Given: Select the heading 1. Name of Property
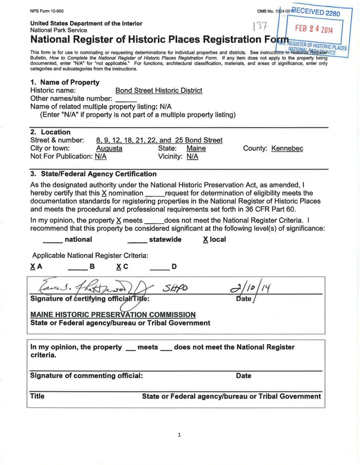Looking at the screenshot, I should pyautogui.click(x=65, y=82).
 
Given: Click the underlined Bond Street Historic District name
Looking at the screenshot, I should pyautogui.click(x=159, y=90).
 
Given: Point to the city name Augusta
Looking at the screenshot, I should pyautogui.click(x=109, y=148).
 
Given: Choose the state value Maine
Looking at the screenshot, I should pyautogui.click(x=196, y=148).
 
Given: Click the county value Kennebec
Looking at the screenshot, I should pyautogui.click(x=287, y=148).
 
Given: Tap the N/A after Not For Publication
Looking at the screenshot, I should pyautogui.click(x=100, y=157).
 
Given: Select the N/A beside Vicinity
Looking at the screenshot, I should pyautogui.click(x=192, y=157).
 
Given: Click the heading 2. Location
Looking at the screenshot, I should pyautogui.click(x=50, y=132).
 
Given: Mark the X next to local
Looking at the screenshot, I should pyautogui.click(x=206, y=240).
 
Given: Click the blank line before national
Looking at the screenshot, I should pyautogui.click(x=52, y=241).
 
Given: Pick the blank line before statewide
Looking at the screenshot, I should pyautogui.click(x=137, y=241).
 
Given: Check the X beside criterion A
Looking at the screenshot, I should pyautogui.click(x=33, y=267).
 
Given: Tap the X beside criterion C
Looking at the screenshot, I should pyautogui.click(x=119, y=267).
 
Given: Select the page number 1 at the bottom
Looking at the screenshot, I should pyautogui.click(x=179, y=435).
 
